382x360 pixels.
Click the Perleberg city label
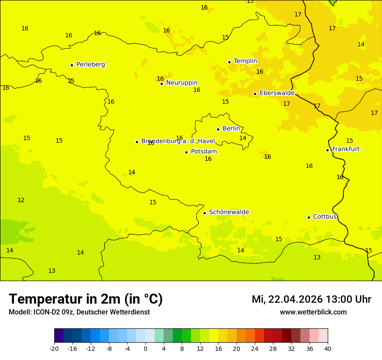pos(90,65)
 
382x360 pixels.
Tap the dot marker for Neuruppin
pos(161,84)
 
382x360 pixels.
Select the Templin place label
pos(245,61)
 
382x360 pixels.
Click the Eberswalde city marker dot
pos(255,94)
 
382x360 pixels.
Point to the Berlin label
pos(231,129)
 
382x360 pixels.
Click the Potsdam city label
pos(204,152)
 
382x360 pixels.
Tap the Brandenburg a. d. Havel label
pos(178,141)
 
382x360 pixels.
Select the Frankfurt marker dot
pos(327,150)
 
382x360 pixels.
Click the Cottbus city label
pos(325,216)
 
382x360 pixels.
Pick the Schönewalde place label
pos(229,212)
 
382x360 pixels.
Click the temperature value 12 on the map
pos(21,200)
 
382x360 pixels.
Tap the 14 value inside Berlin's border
pos(243,138)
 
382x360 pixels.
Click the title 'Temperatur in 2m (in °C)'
pos(86,299)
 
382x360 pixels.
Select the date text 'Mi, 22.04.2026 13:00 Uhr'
pos(311,300)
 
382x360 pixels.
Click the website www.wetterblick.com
pos(313,312)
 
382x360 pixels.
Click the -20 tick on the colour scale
pos(54,349)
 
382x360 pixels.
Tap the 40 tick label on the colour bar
pos(328,349)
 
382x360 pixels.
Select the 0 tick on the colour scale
pos(145,349)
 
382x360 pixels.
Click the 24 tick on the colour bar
pos(255,349)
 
